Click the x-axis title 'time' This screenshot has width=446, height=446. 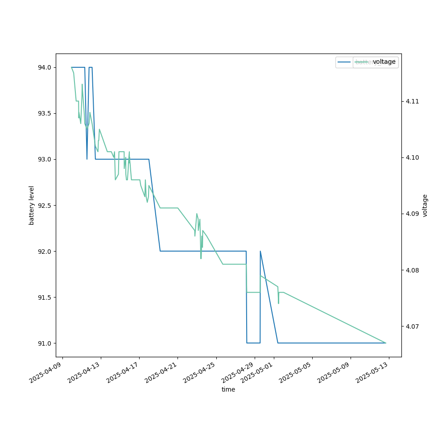coord(228,389)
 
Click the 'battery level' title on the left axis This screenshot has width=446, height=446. coord(32,205)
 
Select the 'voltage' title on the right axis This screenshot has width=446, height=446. coord(425,205)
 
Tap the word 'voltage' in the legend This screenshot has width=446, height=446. coord(384,62)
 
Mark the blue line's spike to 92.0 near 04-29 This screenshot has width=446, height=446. coord(260,251)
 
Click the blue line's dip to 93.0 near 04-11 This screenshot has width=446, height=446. coord(87,159)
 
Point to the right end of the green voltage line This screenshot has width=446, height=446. coord(385,343)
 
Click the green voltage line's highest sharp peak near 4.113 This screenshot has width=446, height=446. coord(82,84)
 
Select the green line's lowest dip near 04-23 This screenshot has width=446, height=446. coord(201,258)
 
